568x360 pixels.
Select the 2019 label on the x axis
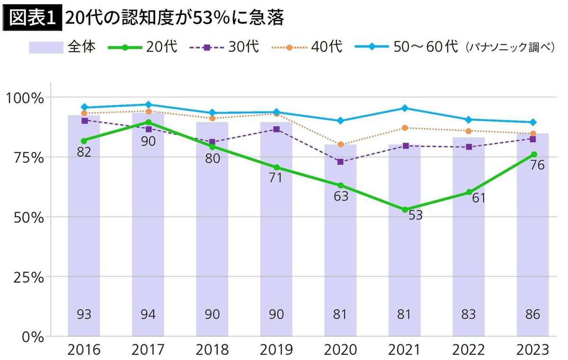276,350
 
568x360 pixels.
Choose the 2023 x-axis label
533,350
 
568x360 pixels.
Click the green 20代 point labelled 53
405,210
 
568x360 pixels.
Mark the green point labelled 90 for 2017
148,122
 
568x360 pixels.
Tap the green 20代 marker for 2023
533,154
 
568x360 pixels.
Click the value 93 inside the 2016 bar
84,314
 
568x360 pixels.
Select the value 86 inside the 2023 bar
533,314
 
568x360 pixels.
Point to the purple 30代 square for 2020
340,162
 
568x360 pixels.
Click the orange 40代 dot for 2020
341,144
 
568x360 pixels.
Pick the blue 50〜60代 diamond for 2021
405,108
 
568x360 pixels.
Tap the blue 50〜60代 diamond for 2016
84,107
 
